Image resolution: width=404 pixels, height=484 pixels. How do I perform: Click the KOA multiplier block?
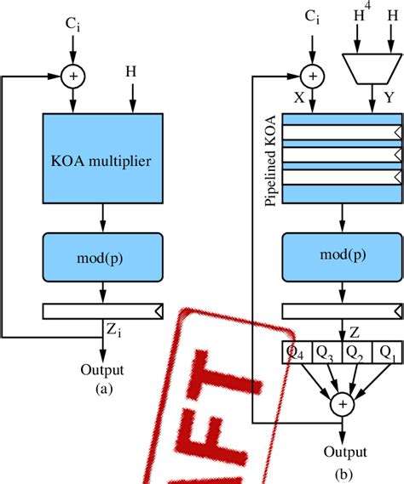pos(102,158)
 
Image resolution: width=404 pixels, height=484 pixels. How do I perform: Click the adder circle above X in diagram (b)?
pos(313,77)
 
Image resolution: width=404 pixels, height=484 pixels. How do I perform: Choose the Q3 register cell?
pos(326,350)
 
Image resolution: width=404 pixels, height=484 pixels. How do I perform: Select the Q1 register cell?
pos(387,350)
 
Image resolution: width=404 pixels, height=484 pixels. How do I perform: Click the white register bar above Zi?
pos(102,312)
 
